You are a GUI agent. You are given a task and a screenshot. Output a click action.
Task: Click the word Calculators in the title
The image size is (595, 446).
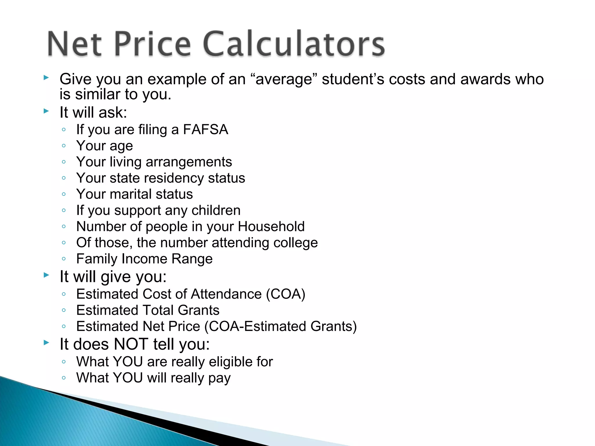294,44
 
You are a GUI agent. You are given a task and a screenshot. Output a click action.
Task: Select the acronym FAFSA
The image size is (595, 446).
205,130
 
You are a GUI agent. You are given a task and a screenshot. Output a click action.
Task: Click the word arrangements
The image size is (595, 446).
189,162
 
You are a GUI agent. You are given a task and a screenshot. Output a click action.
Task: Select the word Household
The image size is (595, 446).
271,226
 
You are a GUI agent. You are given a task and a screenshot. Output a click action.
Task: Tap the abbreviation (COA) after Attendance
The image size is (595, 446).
286,294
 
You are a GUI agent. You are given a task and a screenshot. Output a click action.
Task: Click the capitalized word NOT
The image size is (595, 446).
131,344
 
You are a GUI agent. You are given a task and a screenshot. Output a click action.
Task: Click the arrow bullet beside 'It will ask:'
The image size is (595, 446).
46,111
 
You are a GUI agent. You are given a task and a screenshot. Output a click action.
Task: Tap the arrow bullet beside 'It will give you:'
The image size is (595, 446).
46,275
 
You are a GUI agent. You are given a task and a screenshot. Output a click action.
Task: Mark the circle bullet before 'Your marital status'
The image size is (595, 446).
64,194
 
